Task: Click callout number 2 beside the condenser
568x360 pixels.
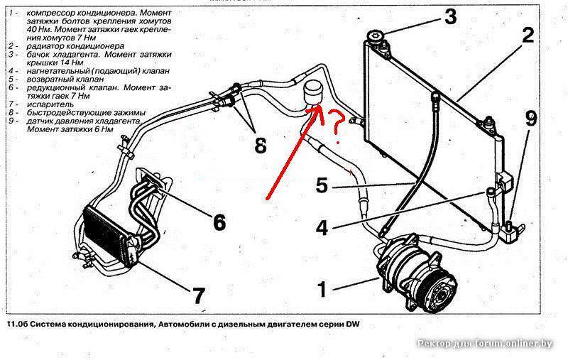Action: click(528, 35)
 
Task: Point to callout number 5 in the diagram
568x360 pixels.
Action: click(321, 186)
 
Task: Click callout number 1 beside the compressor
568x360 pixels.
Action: click(322, 288)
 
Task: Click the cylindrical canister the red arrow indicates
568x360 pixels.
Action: click(312, 93)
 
